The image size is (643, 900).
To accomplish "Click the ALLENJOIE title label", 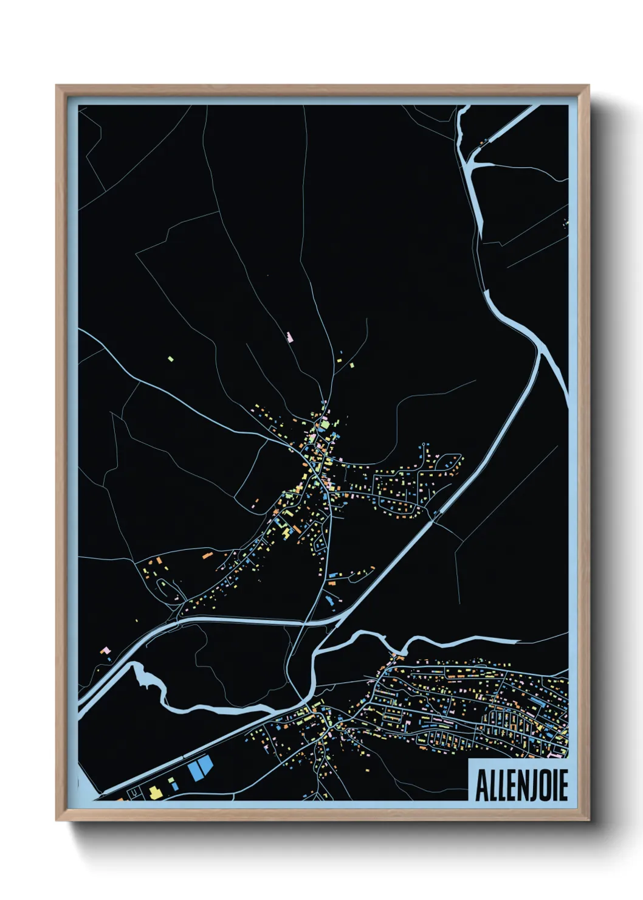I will pos(521,785).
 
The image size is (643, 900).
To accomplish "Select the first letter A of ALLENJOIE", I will pos(481,786).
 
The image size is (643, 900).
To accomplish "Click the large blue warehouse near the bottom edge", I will pos(200,767).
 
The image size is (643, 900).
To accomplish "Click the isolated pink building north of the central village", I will pos(290,336).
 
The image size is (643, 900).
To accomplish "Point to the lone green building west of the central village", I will pos(171,359).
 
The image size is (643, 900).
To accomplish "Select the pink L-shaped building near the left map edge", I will pos(106,651).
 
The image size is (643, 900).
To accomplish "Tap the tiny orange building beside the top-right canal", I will pos(484,144).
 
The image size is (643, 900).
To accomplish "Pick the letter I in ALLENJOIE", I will pos(551,786).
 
